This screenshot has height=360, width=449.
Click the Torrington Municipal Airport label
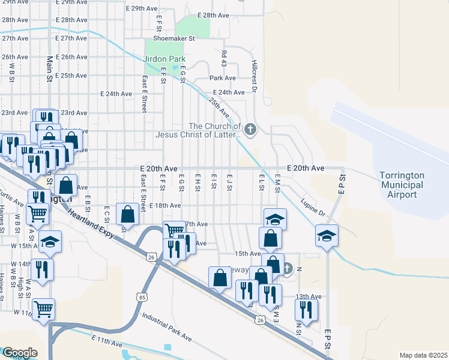pos(402,185)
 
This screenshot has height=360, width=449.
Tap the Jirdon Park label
pos(163,59)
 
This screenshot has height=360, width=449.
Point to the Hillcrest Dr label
pos(255,71)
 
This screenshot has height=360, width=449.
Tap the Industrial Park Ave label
pos(166,326)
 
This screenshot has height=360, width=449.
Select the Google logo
pos(19,353)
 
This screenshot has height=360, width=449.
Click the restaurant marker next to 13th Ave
pos(306,309)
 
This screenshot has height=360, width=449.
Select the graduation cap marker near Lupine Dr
pos(327,235)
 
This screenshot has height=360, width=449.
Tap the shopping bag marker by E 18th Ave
pos(128,213)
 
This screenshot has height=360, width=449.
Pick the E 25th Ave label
pos(71,76)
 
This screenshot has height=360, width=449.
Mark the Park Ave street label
pos(222,78)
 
